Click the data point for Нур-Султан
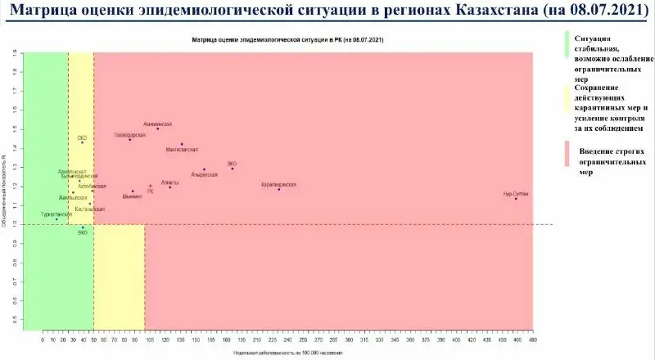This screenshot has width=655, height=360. click(x=516, y=199)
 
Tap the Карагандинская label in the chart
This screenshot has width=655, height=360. click(x=279, y=185)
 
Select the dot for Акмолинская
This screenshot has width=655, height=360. click(x=157, y=128)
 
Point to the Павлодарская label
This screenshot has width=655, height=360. click(x=129, y=134)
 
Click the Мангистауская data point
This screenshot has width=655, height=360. click(x=182, y=145)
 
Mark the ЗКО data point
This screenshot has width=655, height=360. click(x=233, y=169)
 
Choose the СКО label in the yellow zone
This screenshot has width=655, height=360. click(x=82, y=138)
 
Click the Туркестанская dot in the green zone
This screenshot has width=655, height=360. click(x=56, y=219)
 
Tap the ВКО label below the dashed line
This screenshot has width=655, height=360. click(x=82, y=233)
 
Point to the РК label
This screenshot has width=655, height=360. click(x=150, y=191)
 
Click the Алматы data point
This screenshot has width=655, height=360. click(x=170, y=187)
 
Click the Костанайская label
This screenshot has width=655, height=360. click(x=88, y=209)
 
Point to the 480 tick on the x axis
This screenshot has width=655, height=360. click(x=532, y=338)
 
